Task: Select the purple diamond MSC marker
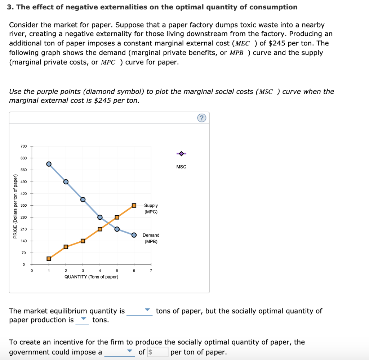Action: [x=181, y=154]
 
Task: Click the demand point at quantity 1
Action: [x=49, y=164]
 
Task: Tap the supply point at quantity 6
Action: [x=134, y=205]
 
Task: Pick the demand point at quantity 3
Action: [x=83, y=199]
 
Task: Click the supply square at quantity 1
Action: [x=49, y=258]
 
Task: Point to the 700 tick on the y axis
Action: [x=23, y=146]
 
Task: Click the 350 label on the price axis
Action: [x=23, y=205]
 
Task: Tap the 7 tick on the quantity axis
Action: [x=151, y=271]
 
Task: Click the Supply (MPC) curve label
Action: [x=151, y=208]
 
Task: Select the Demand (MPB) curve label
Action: [x=151, y=238]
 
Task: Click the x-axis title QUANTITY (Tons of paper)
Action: [x=91, y=277]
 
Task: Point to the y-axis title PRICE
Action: [x=15, y=206]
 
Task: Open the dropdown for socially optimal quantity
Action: [x=82, y=320]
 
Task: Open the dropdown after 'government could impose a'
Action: [x=119, y=352]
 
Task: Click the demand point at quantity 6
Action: [x=134, y=235]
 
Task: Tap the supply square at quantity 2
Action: [x=66, y=247]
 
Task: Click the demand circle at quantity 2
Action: [x=66, y=181]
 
